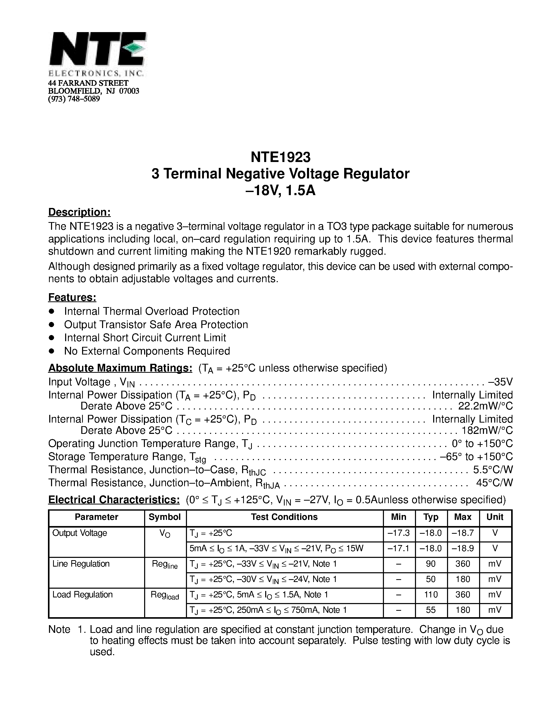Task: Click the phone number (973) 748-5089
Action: tap(74, 99)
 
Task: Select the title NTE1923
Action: tap(280, 157)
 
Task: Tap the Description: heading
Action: tap(80, 212)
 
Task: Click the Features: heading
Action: tap(72, 297)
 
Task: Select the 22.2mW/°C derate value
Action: tap(485, 406)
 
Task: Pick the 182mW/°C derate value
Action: tap(488, 431)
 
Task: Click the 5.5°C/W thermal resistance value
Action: tap(493, 469)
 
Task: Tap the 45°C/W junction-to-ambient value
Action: tap(494, 483)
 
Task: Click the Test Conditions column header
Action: tap(284, 517)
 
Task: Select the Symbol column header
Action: tap(165, 517)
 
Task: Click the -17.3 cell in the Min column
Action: tap(399, 533)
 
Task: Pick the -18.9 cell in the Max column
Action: tap(463, 548)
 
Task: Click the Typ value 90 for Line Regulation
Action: tap(431, 564)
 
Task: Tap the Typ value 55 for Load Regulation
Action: tap(431, 610)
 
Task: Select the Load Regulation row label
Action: tap(82, 595)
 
